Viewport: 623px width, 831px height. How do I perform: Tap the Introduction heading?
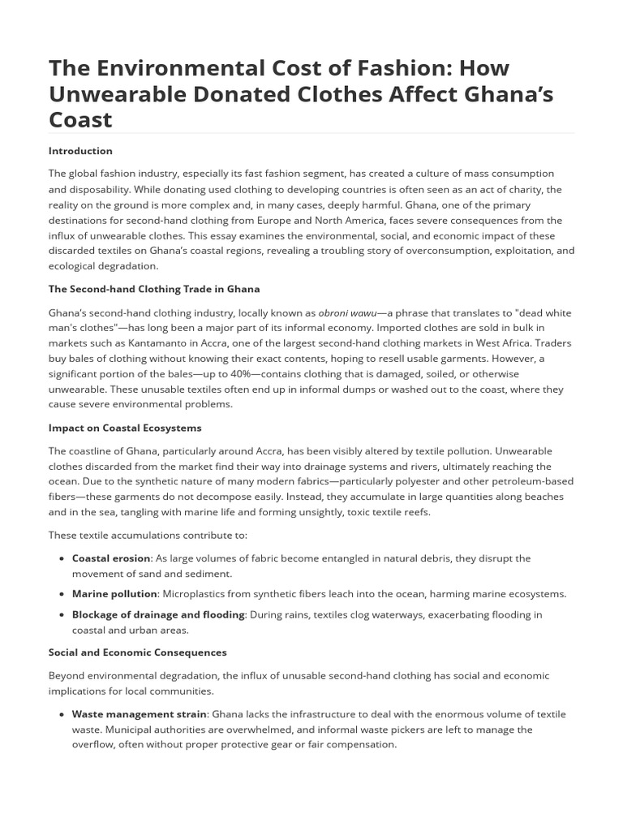tap(80, 151)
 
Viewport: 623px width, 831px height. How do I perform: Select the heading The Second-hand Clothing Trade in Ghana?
tap(154, 289)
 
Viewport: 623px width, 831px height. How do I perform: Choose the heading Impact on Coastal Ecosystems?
tap(125, 428)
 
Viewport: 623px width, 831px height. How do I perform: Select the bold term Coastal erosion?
tap(111, 558)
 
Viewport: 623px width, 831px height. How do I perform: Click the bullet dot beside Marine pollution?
tap(62, 594)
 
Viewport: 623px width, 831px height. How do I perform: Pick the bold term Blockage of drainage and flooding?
tap(158, 614)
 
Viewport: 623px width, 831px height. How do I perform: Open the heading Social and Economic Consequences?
tap(138, 652)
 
